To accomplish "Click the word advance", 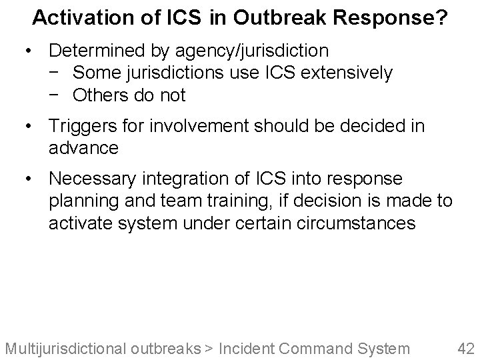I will [x=83, y=147].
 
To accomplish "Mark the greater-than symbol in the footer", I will [x=209, y=348].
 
